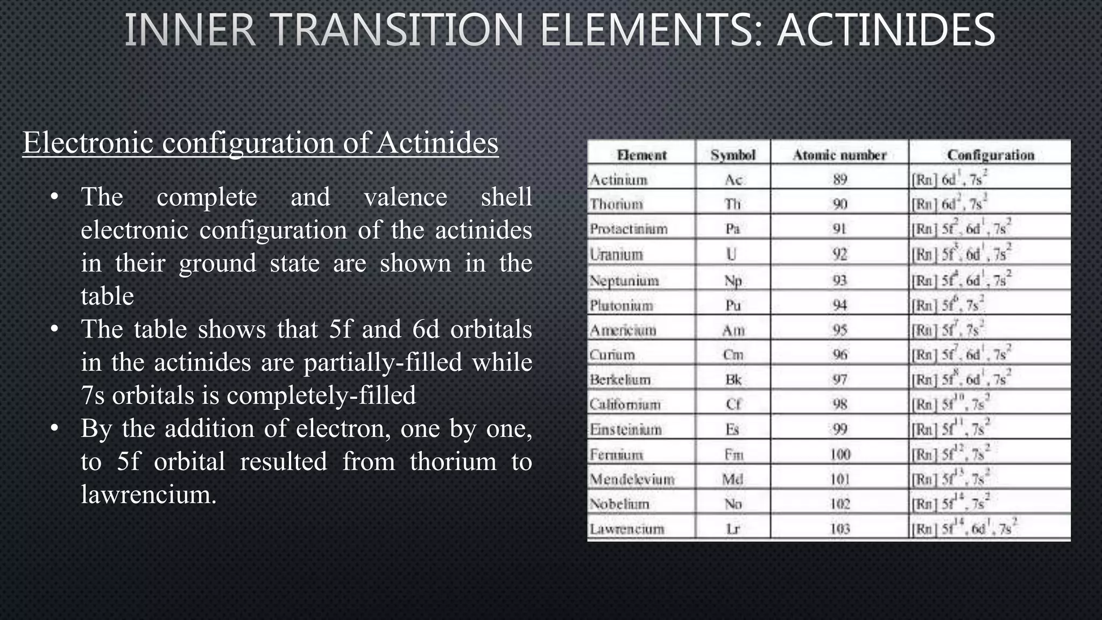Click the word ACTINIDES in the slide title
point(886,30)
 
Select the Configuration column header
point(990,155)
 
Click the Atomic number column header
point(839,155)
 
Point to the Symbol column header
point(733,155)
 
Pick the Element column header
point(641,155)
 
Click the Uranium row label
point(617,254)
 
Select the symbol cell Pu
point(733,305)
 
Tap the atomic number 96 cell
point(839,355)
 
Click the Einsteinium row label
point(626,429)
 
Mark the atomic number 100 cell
point(839,454)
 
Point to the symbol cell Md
point(733,479)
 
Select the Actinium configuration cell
point(950,179)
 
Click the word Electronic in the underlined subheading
point(88,143)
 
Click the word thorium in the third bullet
point(453,462)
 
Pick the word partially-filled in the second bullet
point(383,363)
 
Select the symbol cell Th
point(733,204)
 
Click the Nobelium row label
point(620,504)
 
